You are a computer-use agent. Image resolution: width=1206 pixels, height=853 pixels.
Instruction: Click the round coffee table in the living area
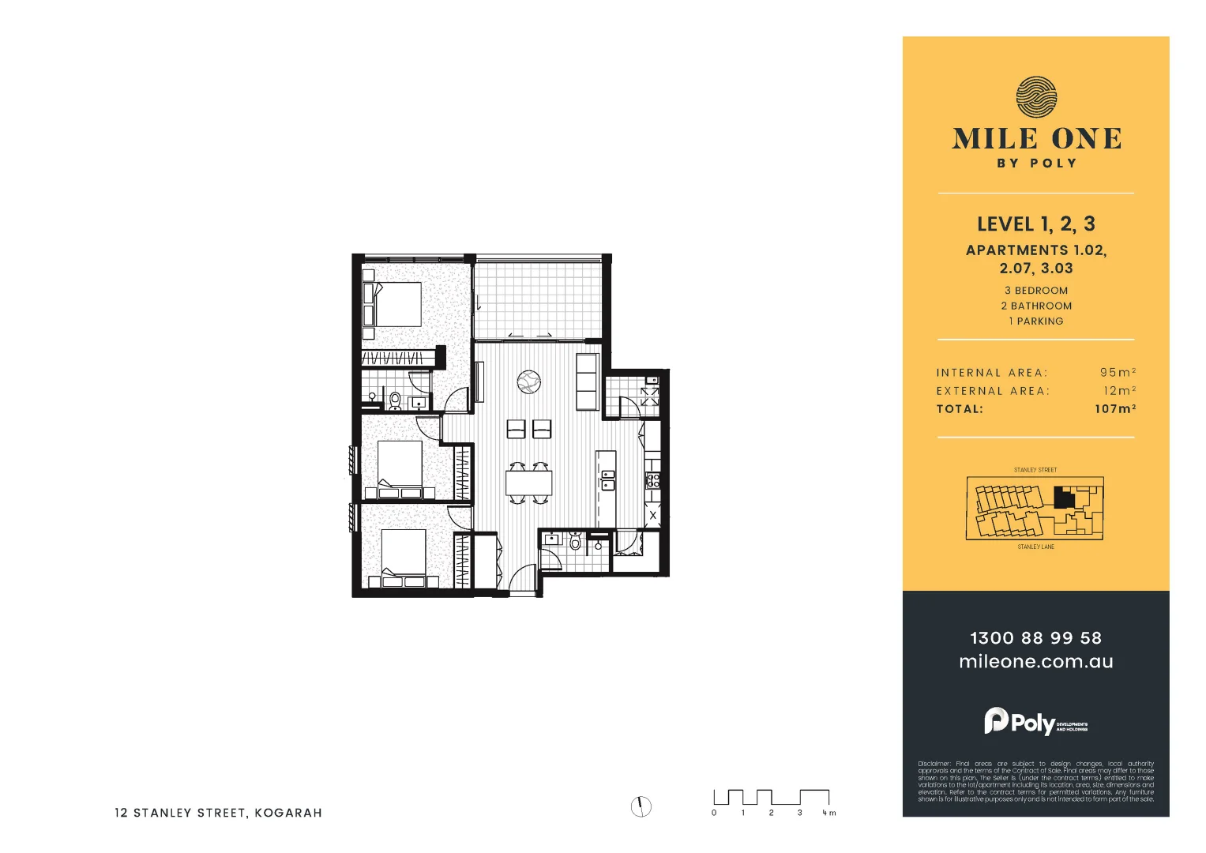528,382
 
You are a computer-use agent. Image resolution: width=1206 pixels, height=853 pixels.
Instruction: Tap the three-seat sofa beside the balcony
588,382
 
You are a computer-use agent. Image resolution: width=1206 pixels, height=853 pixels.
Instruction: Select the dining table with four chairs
529,482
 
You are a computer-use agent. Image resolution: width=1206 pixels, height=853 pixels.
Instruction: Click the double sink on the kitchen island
607,479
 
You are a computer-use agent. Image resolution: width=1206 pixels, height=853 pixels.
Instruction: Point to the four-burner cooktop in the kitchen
652,479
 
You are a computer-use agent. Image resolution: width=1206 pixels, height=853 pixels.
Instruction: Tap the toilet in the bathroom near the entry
575,542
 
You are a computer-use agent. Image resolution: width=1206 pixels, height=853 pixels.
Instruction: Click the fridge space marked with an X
652,517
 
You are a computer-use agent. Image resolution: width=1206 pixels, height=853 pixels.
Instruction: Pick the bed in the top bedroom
396,304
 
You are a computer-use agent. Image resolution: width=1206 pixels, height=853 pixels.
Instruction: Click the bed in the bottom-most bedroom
403,553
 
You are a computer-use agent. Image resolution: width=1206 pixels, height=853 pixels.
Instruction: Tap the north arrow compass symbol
641,806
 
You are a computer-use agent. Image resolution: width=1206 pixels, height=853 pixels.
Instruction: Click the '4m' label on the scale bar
828,813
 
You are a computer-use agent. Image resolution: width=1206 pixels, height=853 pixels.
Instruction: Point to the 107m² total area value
1114,409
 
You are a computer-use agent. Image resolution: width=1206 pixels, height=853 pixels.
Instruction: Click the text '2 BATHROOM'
1035,306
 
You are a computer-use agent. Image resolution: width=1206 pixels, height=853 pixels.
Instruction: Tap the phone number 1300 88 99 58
1035,637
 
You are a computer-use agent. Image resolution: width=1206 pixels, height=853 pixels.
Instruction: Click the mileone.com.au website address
1035,662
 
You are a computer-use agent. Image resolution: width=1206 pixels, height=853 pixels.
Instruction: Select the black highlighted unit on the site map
1064,498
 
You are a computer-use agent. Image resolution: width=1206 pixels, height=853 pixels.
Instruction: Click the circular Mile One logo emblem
1035,97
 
